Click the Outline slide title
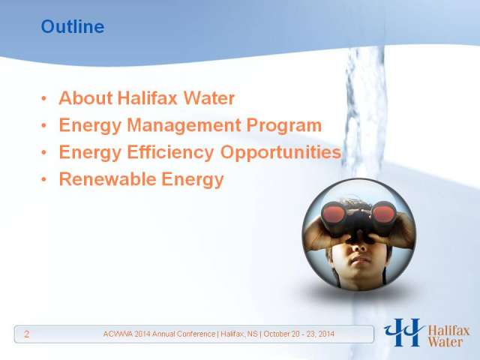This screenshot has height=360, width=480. point(73,27)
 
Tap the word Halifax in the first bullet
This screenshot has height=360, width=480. point(147,98)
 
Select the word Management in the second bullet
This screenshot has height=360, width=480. point(184,125)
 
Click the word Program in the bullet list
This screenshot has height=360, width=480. point(284,125)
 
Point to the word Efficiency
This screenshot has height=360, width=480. point(170,152)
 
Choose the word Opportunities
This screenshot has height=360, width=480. point(280,152)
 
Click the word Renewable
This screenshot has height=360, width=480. point(107,178)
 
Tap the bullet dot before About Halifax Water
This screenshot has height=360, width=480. point(44,98)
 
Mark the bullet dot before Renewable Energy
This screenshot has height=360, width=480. point(44,179)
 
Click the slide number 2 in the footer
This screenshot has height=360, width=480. point(27,334)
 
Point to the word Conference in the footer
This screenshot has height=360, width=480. point(199,334)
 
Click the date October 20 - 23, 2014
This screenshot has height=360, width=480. point(298,334)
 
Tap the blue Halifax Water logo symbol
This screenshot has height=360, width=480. point(403,332)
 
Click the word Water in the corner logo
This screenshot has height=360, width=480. point(445,342)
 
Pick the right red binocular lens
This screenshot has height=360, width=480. point(383,213)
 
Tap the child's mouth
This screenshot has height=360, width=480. point(360,260)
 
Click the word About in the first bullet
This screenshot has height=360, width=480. point(85,98)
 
